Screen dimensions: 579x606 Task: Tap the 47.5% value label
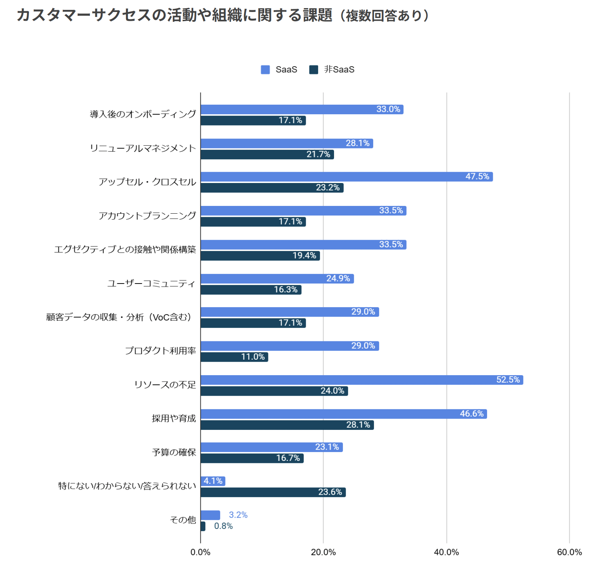click(x=477, y=176)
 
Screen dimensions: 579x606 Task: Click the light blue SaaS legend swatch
click(x=265, y=69)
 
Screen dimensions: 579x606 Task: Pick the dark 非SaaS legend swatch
click(x=314, y=69)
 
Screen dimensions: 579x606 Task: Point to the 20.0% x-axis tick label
click(x=323, y=552)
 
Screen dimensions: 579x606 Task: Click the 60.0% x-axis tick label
click(x=569, y=552)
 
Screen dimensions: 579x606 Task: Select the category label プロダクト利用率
click(x=160, y=351)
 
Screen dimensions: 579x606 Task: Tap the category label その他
click(x=183, y=520)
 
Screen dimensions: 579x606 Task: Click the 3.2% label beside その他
click(x=238, y=515)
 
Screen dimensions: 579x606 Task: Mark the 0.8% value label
click(x=223, y=526)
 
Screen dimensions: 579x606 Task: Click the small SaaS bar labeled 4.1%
click(x=213, y=481)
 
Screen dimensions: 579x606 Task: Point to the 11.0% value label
click(x=253, y=357)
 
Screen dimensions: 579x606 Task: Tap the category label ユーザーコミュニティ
click(x=151, y=284)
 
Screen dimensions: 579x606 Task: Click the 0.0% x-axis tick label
click(x=200, y=552)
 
